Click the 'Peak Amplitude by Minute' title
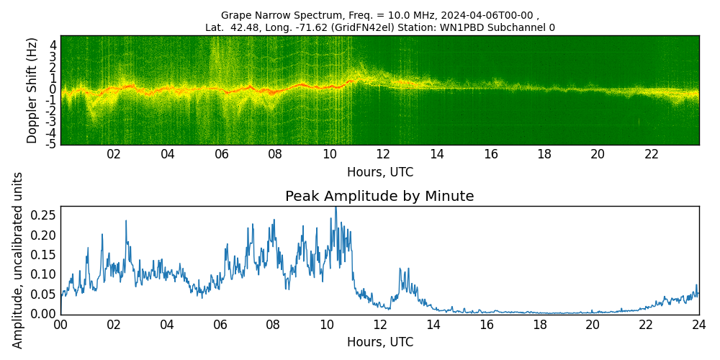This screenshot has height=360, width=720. tap(379, 197)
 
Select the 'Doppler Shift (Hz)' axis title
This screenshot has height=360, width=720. tap(32, 90)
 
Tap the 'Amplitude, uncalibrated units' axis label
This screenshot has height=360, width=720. tap(18, 260)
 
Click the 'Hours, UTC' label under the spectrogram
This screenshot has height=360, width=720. tap(379, 172)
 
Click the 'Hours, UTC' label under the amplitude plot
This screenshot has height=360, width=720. tap(379, 342)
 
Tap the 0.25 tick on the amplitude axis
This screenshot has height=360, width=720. tap(43, 215)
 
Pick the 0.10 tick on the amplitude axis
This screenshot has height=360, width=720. tap(43, 274)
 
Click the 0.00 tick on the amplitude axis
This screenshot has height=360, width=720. tap(43, 313)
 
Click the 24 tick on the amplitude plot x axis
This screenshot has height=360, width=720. tap(698, 325)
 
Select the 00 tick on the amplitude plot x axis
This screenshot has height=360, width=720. tap(60, 325)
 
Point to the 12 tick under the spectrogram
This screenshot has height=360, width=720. tap(383, 154)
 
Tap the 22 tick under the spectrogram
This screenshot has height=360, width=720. tap(652, 154)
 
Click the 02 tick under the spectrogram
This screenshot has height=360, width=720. tap(114, 154)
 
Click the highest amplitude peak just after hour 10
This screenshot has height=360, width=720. tap(335, 209)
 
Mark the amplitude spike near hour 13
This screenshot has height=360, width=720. tap(400, 269)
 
